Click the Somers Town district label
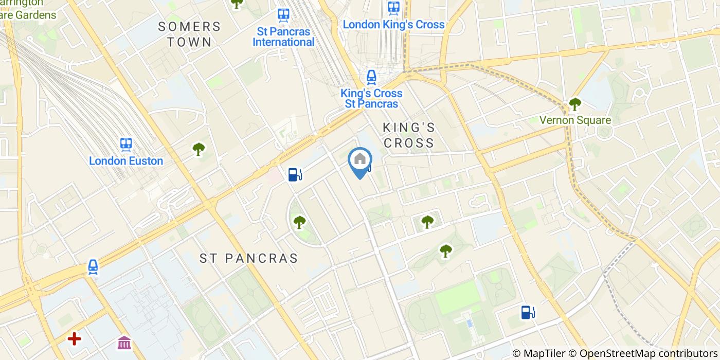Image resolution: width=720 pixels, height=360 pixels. (189, 34)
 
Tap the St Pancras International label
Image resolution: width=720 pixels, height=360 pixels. (283, 37)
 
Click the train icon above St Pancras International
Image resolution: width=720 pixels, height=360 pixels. (283, 15)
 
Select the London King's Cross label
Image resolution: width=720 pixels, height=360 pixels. (393, 24)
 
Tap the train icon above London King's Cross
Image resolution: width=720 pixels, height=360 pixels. (394, 7)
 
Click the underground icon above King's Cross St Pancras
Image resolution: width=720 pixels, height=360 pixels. (371, 77)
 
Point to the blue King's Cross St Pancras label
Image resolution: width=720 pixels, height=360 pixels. (371, 99)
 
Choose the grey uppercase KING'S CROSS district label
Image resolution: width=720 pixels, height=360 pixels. (409, 135)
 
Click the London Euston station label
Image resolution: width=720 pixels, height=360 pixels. (126, 161)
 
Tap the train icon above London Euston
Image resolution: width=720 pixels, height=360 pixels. (126, 144)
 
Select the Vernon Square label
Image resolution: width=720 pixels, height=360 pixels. (575, 120)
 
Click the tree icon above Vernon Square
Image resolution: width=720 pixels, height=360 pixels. (575, 104)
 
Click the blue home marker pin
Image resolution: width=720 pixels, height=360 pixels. (360, 160)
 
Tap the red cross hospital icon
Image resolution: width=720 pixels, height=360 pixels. (75, 338)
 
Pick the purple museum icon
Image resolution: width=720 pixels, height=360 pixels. (124, 342)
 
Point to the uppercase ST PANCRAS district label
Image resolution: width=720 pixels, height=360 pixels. (249, 258)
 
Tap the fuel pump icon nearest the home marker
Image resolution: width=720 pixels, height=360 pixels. (294, 175)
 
